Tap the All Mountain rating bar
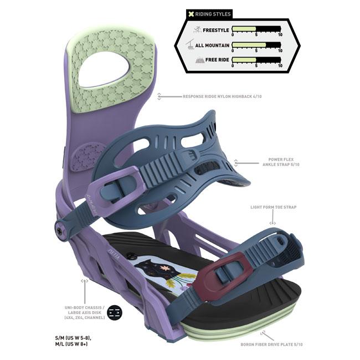coord(256,44)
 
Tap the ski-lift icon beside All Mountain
coord(191,45)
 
